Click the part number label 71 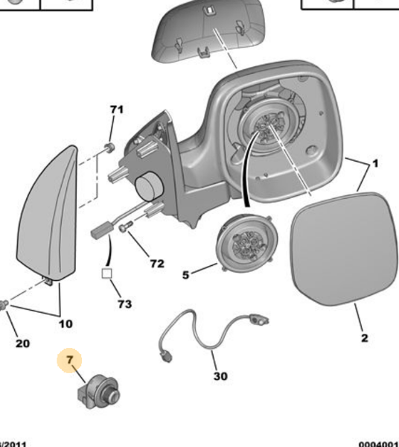[116, 110]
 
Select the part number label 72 [156, 263]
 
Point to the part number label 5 [185, 274]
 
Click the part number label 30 [220, 376]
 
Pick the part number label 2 [365, 338]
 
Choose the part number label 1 [375, 163]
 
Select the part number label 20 [22, 343]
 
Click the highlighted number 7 [69, 362]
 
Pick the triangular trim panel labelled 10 [49, 216]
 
